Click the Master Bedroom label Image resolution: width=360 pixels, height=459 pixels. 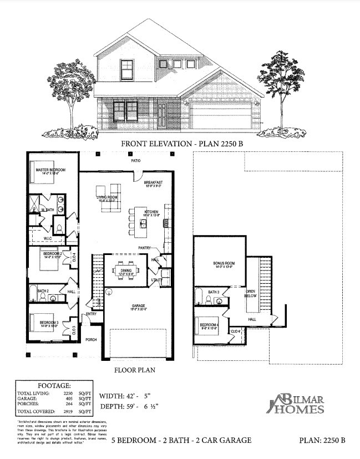pyautogui.click(x=50, y=170)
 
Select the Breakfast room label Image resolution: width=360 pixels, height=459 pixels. pyautogui.click(x=153, y=183)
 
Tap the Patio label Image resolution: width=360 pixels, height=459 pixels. pyautogui.click(x=135, y=161)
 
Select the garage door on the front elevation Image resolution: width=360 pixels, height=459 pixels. pyautogui.click(x=220, y=118)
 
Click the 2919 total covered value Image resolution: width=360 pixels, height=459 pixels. pyautogui.click(x=69, y=412)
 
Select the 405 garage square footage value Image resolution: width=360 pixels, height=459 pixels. pyautogui.click(x=69, y=398)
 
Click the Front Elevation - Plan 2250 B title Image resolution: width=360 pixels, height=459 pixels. pyautogui.click(x=181, y=143)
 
